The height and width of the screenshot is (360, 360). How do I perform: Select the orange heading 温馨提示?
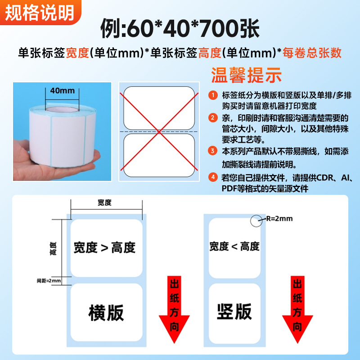coord(246,74)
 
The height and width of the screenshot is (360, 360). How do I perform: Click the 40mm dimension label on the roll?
coord(62,90)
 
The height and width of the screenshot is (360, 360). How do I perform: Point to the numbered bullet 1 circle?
coord(213,95)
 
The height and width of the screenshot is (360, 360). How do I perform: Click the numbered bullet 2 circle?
coord(213,118)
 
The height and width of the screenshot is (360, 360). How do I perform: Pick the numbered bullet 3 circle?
coord(213,151)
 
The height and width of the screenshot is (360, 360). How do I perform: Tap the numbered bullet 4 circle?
coord(213,177)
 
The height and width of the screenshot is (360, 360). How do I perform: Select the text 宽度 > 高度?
coord(104,247)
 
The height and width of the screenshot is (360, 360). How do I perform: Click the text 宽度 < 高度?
coord(234,246)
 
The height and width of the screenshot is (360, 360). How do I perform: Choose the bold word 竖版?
coord(234,312)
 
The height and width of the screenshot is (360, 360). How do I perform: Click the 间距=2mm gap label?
coord(49,281)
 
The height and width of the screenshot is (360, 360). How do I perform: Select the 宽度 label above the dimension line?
coord(104,202)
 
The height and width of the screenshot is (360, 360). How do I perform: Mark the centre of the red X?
coord(159,131)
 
